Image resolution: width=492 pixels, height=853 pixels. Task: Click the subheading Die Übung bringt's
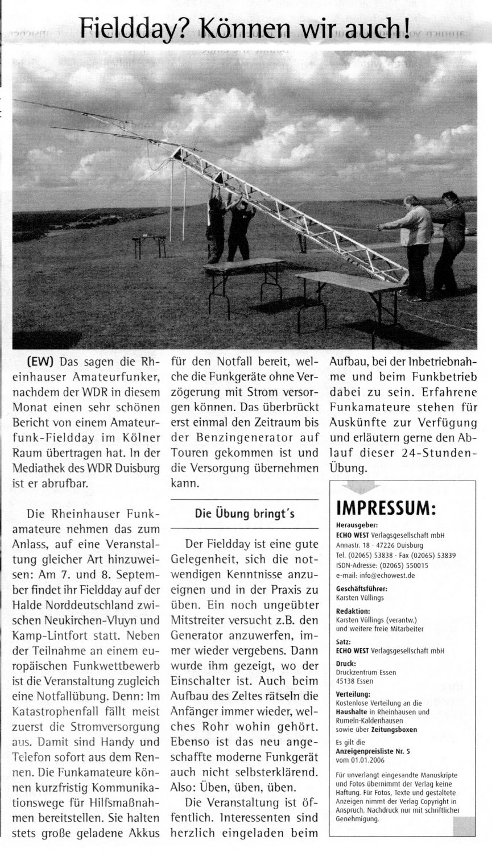[x=245, y=514]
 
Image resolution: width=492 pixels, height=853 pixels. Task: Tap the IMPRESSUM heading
[x=386, y=507]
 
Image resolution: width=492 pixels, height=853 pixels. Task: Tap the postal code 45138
[x=346, y=680]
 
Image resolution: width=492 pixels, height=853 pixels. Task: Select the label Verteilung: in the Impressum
[x=353, y=694]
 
